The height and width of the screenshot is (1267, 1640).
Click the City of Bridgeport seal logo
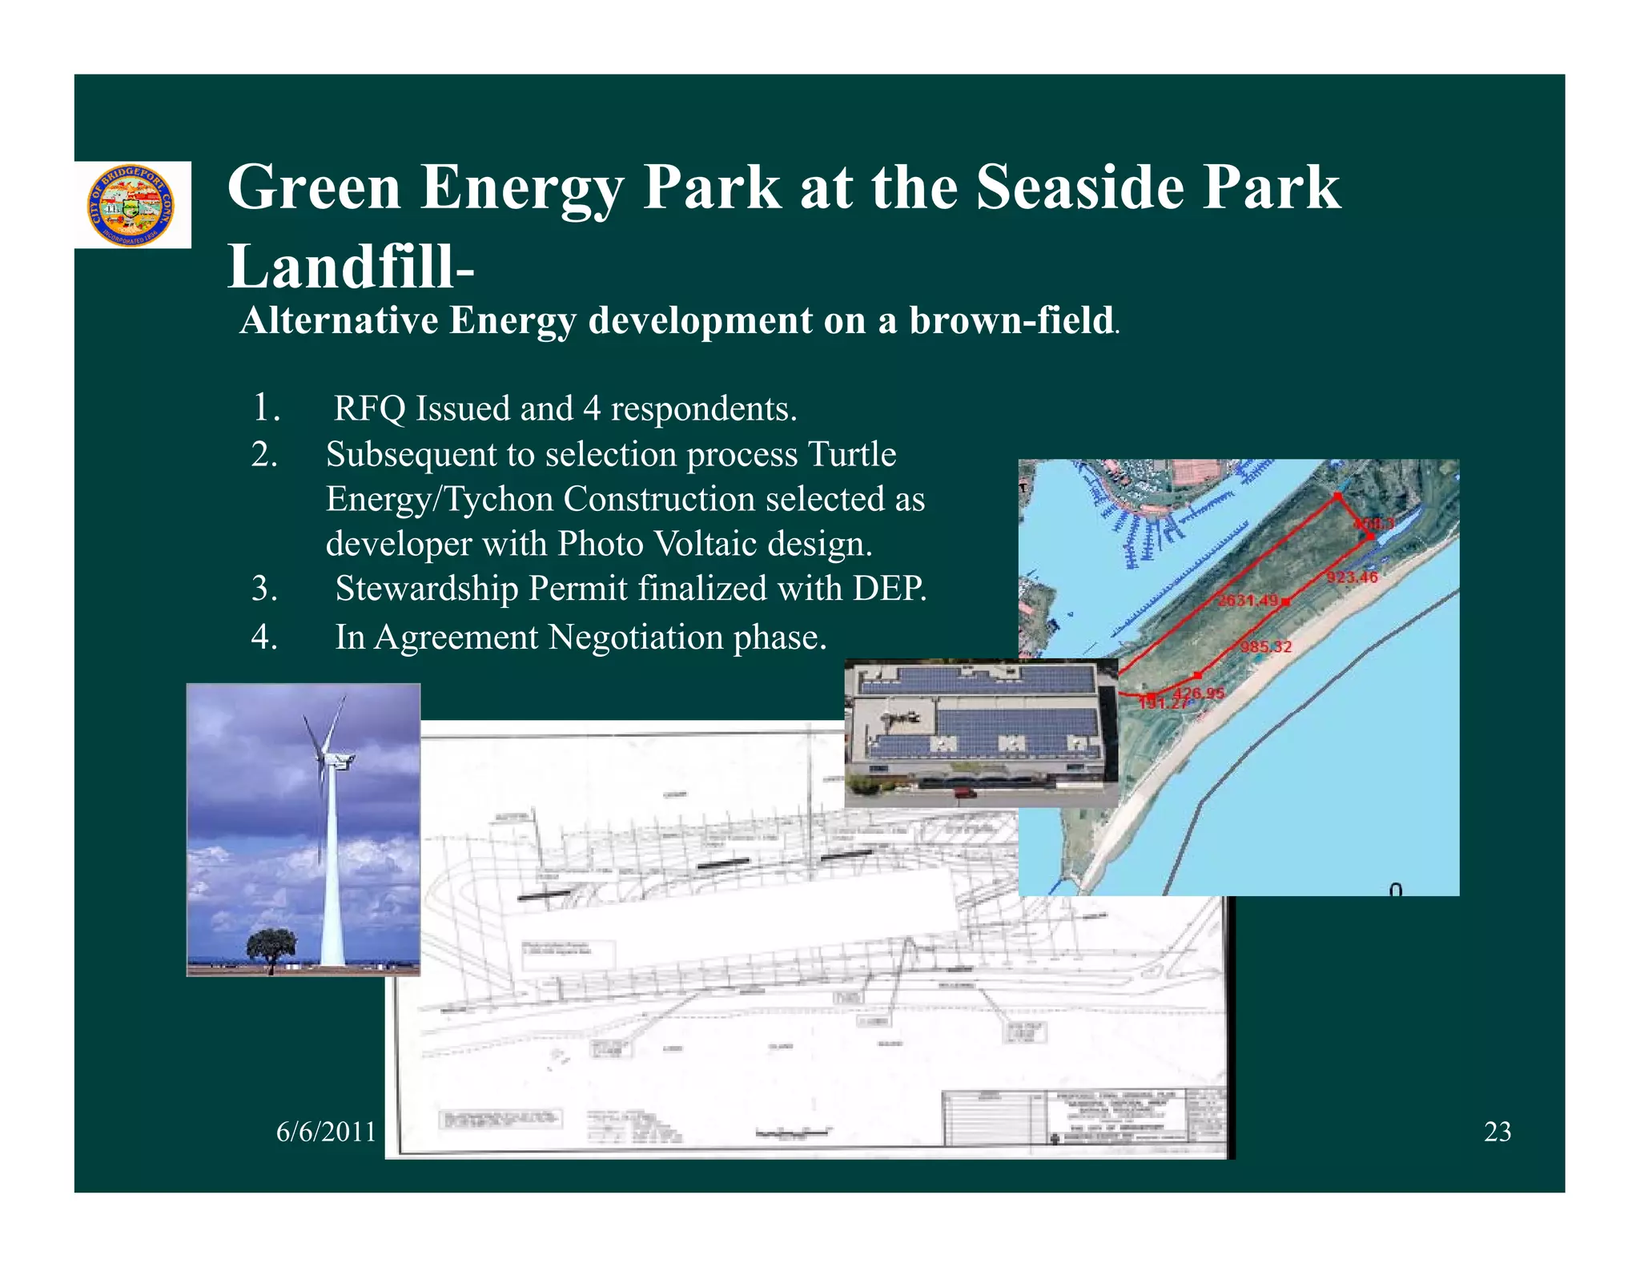(x=130, y=206)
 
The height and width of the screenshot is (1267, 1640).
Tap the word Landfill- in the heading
(x=351, y=267)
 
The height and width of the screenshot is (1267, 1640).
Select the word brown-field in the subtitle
(x=1011, y=320)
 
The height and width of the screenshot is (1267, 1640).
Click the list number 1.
(x=266, y=408)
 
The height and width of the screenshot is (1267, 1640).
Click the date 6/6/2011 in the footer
(x=326, y=1132)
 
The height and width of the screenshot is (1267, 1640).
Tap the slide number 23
(x=1497, y=1132)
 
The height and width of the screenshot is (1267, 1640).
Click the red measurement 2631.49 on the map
(x=1248, y=601)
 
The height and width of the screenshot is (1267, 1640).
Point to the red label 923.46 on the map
(x=1352, y=577)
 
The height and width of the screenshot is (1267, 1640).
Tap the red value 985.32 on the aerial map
(x=1266, y=646)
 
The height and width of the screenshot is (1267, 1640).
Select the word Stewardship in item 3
(x=425, y=589)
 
